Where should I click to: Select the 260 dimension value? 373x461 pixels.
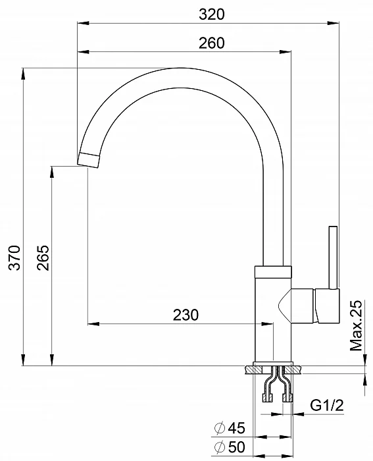211,43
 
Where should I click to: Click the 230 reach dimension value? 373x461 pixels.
186,315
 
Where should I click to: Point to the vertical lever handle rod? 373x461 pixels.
333,257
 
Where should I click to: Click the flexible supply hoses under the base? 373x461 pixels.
276,387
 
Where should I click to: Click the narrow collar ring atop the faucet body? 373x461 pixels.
270,270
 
